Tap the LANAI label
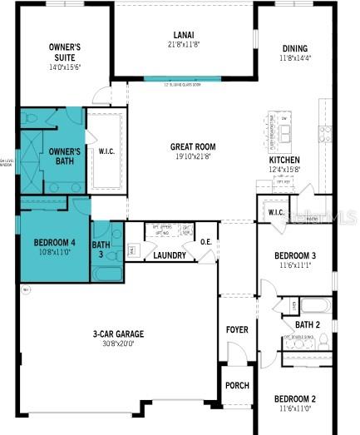click(184, 34)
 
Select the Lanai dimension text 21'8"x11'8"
click(184, 43)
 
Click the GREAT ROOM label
click(193, 146)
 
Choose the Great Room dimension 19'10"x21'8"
click(193, 156)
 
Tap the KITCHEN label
click(284, 160)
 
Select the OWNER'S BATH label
click(64, 156)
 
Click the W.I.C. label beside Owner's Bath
click(106, 151)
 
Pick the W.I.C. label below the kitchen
click(276, 212)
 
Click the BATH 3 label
click(101, 250)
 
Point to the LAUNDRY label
click(170, 255)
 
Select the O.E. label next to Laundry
click(205, 242)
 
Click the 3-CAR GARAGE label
click(118, 334)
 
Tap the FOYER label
click(237, 329)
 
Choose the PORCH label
click(237, 385)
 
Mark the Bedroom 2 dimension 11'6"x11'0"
click(295, 408)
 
